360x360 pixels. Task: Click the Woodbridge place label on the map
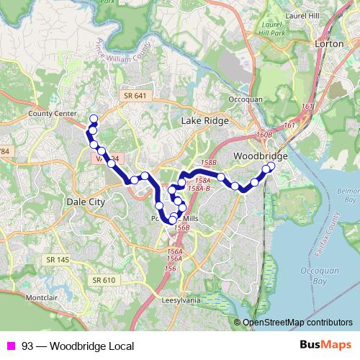coord(261,156)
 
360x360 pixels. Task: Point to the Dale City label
coord(86,202)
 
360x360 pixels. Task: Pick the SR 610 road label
coord(104,280)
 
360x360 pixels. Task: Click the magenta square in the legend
coord(11,346)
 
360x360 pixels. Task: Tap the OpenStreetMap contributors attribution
coord(297,323)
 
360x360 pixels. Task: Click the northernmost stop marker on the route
coord(93,118)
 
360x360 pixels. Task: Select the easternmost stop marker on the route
coord(271,166)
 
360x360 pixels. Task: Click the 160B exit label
coord(264,135)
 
